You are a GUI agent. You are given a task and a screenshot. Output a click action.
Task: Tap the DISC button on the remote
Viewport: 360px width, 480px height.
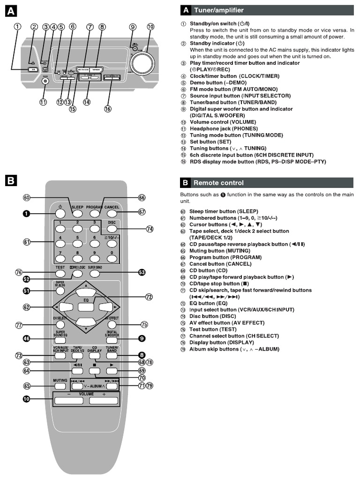point(111,229)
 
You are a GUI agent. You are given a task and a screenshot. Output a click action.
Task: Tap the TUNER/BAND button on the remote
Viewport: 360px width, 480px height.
point(111,356)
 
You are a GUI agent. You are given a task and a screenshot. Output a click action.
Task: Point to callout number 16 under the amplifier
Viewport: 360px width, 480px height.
point(108,109)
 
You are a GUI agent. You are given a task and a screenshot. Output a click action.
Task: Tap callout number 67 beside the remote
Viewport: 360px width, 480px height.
point(142,212)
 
